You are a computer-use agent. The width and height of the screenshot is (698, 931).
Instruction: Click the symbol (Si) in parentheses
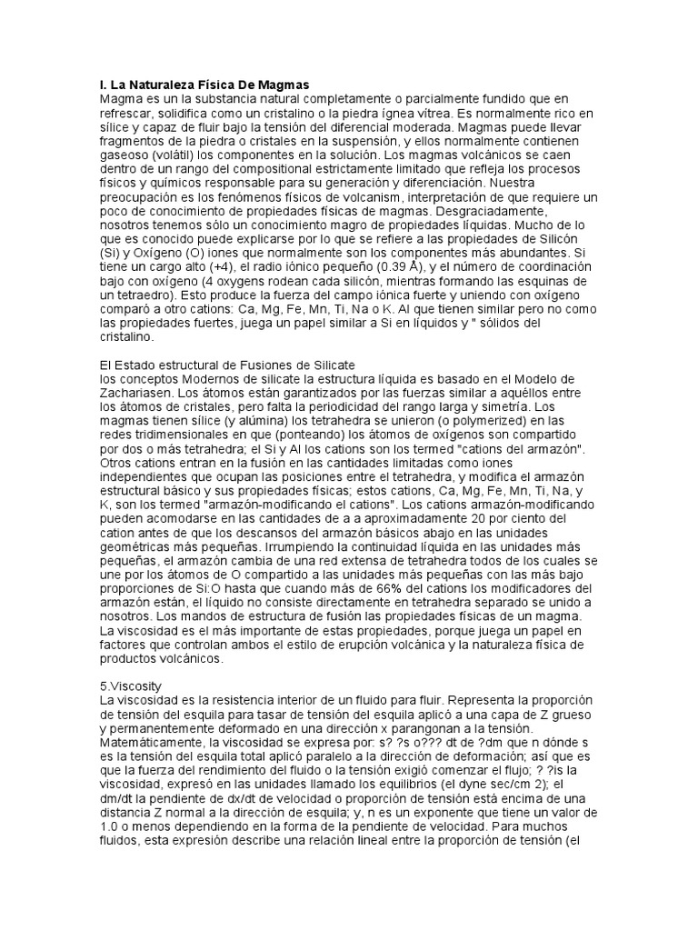coord(110,252)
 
